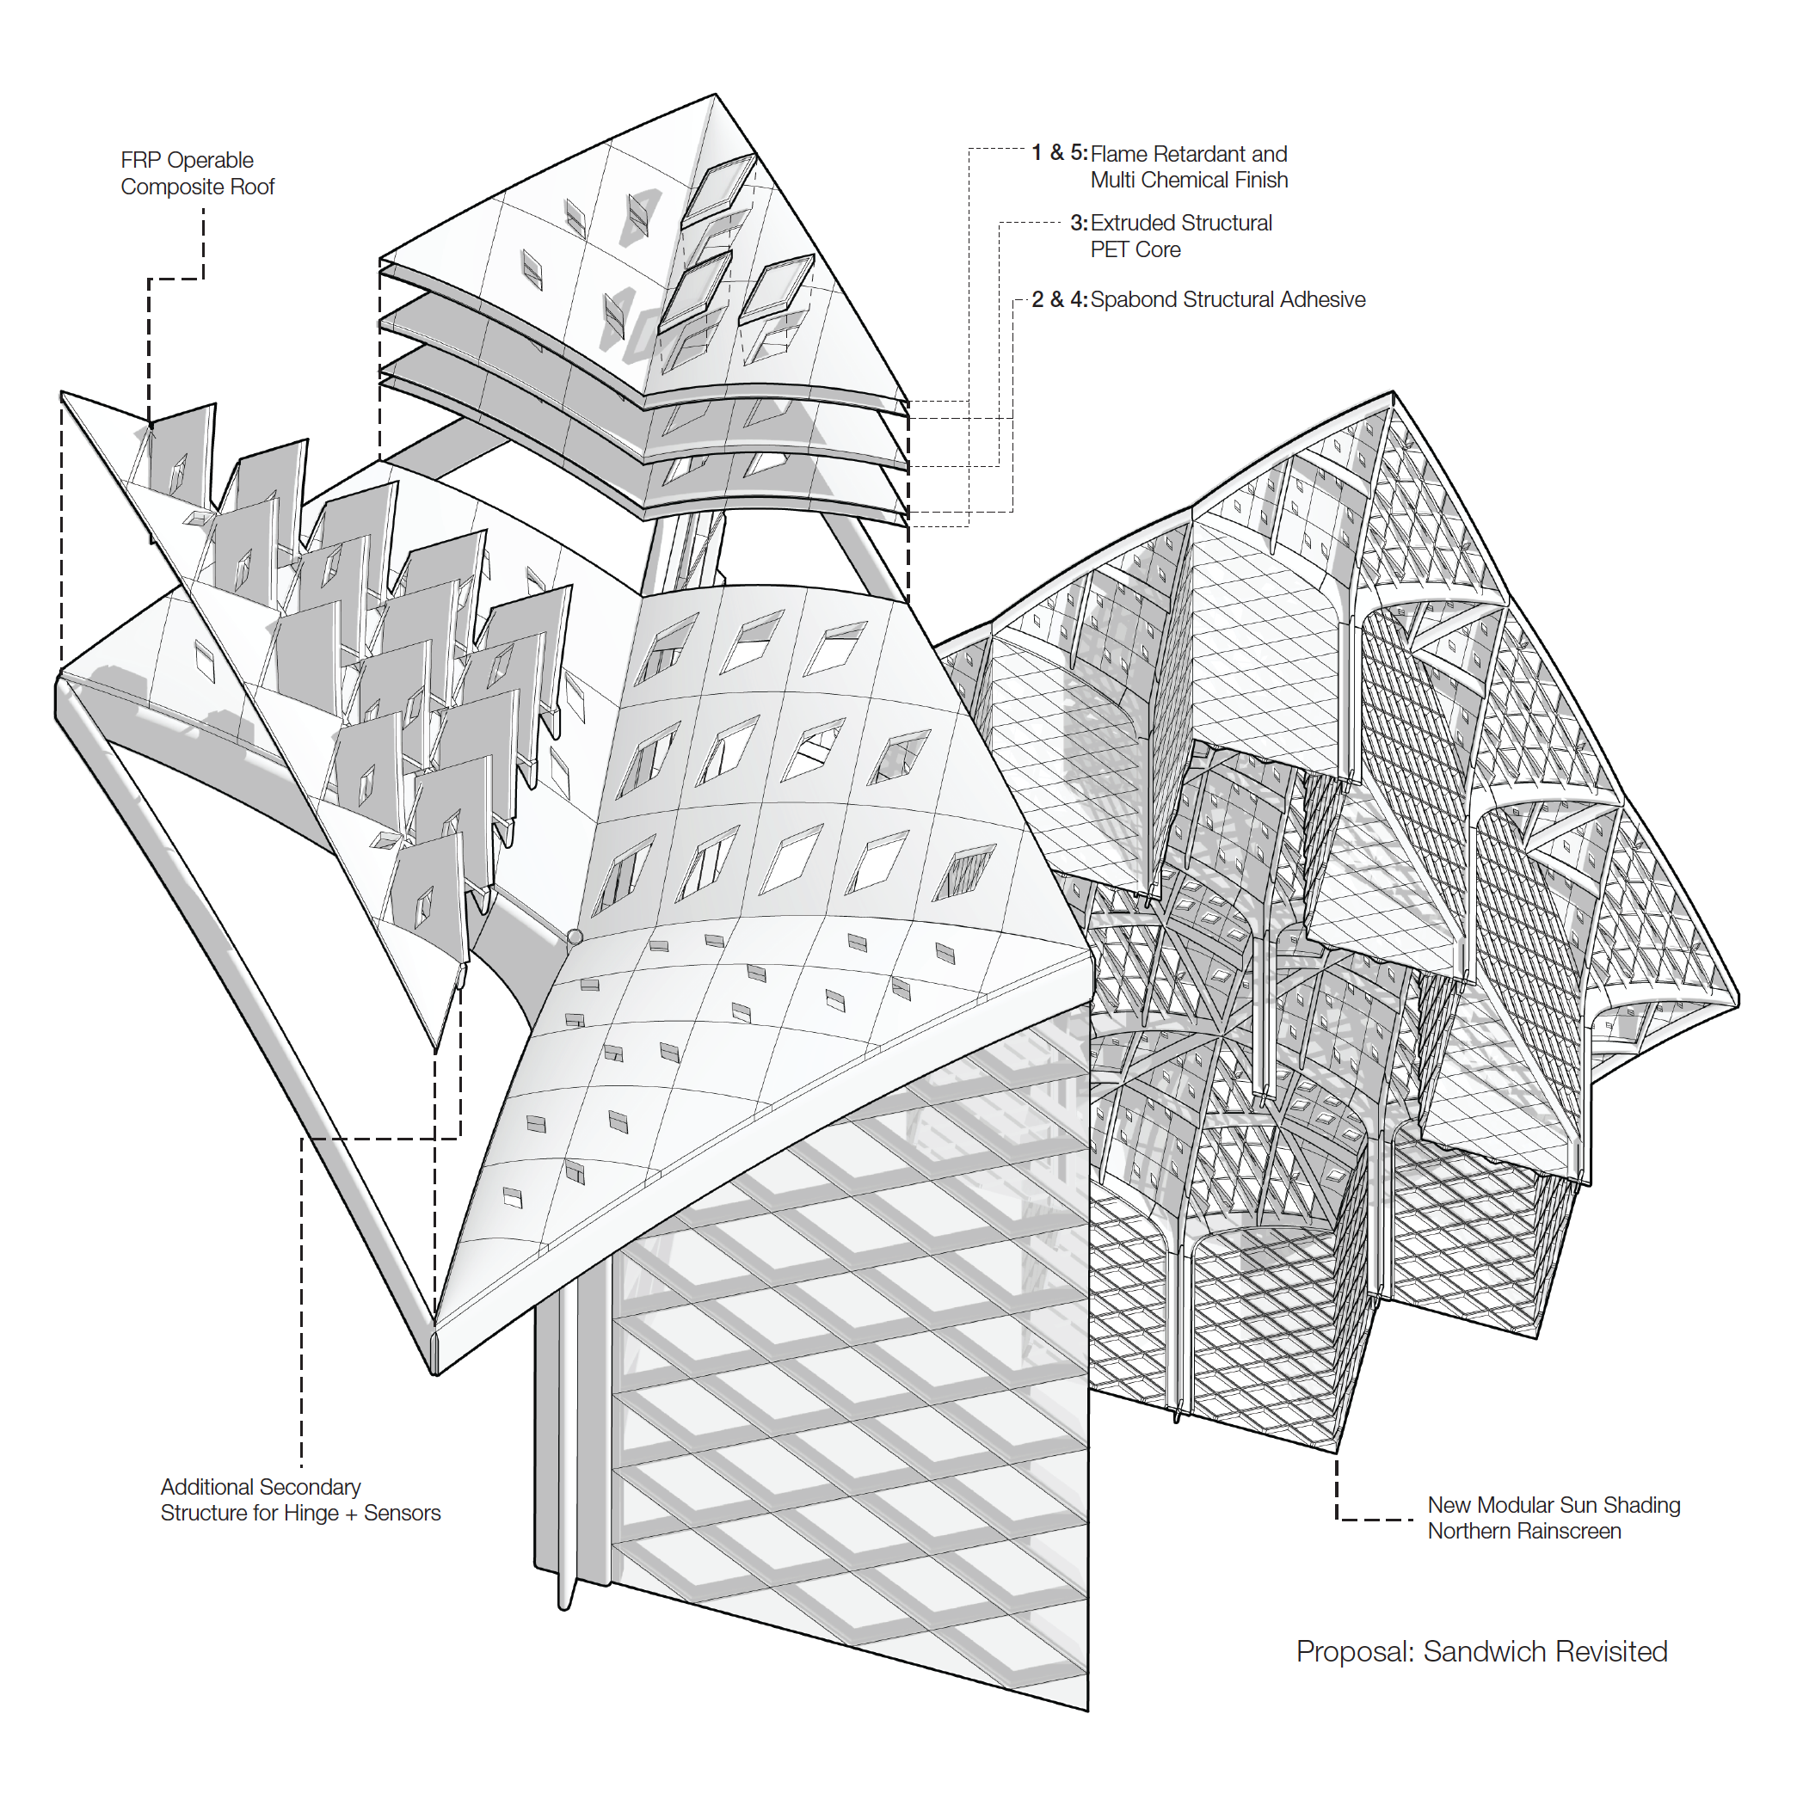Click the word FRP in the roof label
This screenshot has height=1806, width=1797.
pos(139,161)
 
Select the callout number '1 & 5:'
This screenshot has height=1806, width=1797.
pos(1058,152)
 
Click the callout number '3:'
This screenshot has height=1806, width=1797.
pos(1078,223)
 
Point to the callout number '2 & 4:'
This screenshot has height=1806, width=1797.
pos(1058,299)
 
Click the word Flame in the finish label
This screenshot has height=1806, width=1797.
pos(1119,154)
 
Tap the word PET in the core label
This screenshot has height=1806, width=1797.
pos(1110,249)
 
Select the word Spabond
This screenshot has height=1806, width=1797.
pos(1133,300)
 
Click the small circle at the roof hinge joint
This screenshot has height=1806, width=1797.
pos(575,937)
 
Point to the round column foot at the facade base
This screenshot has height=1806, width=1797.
pos(563,1602)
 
